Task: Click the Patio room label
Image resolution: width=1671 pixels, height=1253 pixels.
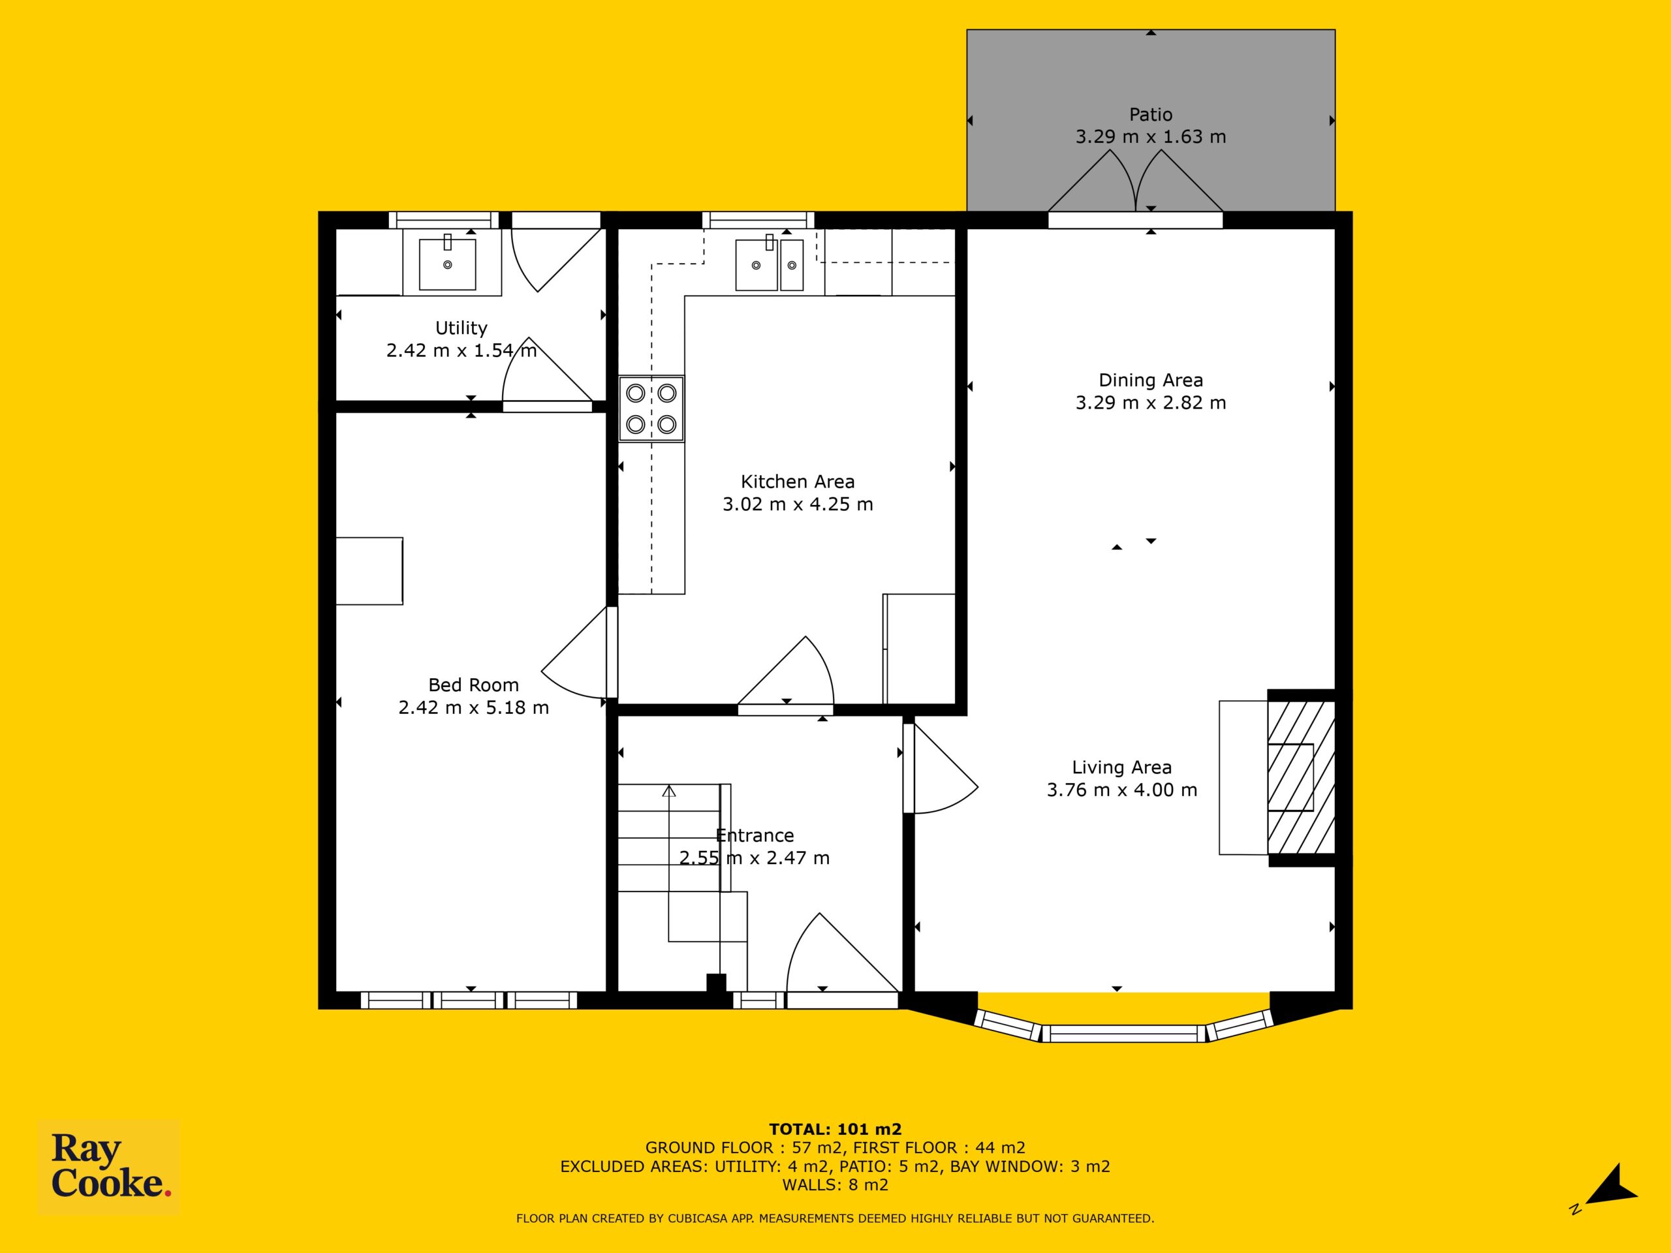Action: tap(1151, 115)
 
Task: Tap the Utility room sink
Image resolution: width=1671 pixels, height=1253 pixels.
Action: tap(448, 263)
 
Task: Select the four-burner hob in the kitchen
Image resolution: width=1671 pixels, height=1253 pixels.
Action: tap(651, 409)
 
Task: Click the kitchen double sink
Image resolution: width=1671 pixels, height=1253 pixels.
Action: tap(769, 264)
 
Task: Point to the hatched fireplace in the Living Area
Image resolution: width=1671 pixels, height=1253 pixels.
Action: tap(1301, 777)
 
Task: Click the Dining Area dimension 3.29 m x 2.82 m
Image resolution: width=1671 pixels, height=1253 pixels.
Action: tap(1151, 403)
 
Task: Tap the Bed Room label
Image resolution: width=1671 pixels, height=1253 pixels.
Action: tap(474, 685)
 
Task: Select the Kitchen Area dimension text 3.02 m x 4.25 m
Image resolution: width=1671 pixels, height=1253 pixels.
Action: tap(798, 504)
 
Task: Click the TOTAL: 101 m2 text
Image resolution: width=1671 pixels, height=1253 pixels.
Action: tap(835, 1129)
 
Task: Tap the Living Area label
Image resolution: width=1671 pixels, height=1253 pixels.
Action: tap(1122, 767)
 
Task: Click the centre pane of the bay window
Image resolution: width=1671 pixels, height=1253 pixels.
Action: tap(1124, 1033)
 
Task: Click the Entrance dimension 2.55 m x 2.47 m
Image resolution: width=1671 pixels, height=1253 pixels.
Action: tap(754, 858)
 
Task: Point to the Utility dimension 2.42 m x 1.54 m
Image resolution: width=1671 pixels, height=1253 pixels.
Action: tap(461, 350)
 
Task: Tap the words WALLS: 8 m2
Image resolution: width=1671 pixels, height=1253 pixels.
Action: tap(835, 1185)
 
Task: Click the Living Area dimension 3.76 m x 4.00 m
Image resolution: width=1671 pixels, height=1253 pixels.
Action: tap(1122, 790)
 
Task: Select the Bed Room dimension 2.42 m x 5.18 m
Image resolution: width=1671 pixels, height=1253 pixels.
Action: tap(474, 707)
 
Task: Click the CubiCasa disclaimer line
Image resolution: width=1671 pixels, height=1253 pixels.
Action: tap(835, 1218)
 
